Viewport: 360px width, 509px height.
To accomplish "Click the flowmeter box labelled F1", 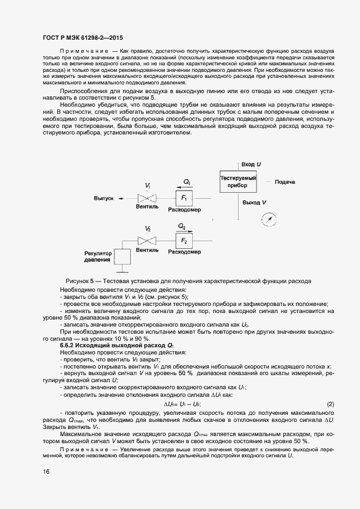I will coord(184,198).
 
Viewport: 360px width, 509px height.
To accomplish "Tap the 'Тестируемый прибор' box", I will coord(238,181).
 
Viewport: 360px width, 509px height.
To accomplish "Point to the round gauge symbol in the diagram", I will coord(269,219).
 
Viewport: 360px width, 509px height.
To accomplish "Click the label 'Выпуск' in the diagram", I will coord(103,199).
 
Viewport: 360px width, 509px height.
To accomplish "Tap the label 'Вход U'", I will coord(251,164).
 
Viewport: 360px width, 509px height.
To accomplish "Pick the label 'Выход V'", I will coord(254,203).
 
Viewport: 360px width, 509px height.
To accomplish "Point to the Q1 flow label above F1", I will coord(187,182).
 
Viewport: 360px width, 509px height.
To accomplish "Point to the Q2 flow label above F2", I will coord(182,226).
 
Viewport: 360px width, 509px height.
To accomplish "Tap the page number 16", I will coord(46,472).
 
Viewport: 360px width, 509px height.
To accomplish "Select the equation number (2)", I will coord(330,404).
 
